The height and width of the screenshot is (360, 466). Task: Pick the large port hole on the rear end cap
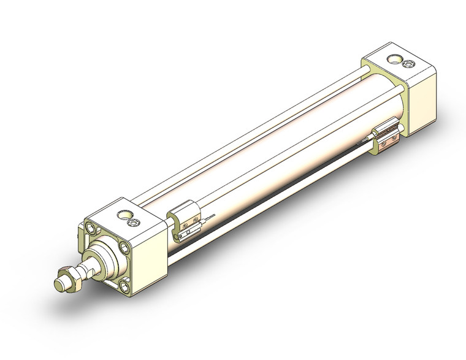(395, 59)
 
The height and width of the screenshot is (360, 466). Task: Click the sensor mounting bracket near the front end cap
(185, 221)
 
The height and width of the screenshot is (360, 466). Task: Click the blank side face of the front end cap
(150, 258)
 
